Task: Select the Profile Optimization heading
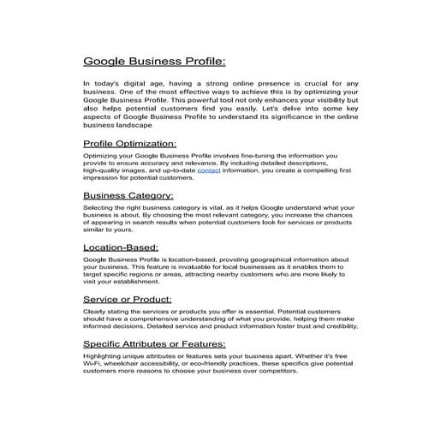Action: click(130, 143)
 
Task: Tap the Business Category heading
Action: click(128, 195)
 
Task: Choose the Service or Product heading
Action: click(128, 299)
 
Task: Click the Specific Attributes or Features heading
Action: click(159, 343)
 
